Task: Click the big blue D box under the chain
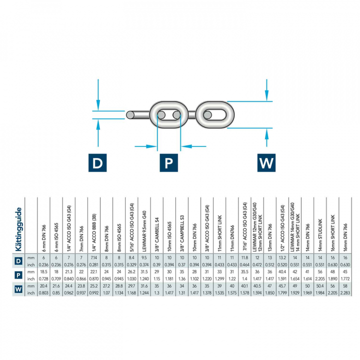click(x=98, y=162)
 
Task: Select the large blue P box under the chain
click(x=169, y=162)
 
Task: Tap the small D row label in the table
click(x=18, y=260)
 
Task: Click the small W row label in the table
click(x=18, y=288)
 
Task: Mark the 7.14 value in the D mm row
click(x=93, y=257)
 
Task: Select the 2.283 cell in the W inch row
click(x=343, y=292)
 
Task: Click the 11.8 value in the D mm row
click(x=243, y=257)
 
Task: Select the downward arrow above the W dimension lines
click(x=268, y=92)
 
